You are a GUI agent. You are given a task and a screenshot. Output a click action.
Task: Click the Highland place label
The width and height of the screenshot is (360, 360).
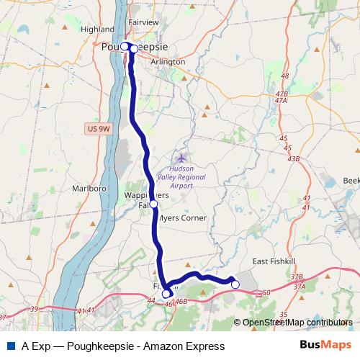click(x=99, y=30)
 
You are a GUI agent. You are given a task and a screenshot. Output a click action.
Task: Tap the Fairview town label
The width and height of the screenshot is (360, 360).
click(x=143, y=22)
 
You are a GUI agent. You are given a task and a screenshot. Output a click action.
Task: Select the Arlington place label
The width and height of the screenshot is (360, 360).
click(x=168, y=62)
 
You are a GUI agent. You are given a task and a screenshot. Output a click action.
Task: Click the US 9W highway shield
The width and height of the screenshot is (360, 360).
click(x=98, y=128)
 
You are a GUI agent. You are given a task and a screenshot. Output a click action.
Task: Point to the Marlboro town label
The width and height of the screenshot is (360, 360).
click(x=89, y=189)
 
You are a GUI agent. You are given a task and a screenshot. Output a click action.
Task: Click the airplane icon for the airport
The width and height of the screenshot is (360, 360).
click(x=181, y=157)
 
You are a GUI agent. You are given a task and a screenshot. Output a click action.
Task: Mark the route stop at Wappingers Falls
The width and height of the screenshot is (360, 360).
click(x=153, y=204)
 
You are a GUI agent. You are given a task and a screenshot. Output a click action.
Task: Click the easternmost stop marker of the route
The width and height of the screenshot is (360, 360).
click(x=235, y=284)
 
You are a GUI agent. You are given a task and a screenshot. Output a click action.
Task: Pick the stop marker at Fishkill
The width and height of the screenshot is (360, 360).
click(x=166, y=293)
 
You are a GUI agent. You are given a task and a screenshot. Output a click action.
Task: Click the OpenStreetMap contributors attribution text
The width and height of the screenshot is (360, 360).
click(x=297, y=323)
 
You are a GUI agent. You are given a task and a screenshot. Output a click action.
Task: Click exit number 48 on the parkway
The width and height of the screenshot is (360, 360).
click(x=284, y=76)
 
